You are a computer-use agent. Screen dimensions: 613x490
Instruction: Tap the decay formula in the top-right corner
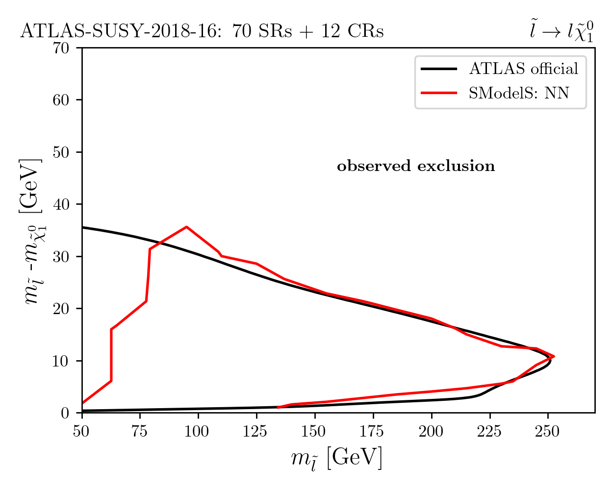pos(562,32)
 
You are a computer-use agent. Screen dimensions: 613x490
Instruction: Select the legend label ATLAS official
pos(524,69)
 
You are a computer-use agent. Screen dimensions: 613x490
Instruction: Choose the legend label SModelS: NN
pos(519,93)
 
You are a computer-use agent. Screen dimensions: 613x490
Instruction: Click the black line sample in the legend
pos(439,69)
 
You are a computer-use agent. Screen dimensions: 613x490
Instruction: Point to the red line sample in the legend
pos(439,93)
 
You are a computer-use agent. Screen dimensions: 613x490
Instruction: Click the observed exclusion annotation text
pos(416,166)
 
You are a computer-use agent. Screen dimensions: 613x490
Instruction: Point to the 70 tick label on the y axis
pos(61,48)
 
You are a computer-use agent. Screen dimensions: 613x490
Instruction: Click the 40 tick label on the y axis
pos(61,204)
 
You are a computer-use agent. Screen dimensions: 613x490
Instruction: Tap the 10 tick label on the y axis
pos(61,361)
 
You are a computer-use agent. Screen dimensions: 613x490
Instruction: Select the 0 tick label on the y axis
pos(65,413)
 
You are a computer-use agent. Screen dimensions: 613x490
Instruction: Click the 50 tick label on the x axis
pos(81,431)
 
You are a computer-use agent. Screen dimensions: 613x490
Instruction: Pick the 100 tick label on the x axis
pos(197,431)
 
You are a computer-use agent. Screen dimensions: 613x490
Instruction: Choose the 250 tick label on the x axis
pos(547,431)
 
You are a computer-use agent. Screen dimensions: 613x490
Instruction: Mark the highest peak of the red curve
pos(186,227)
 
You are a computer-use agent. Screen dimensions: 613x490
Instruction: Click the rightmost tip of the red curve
pos(554,356)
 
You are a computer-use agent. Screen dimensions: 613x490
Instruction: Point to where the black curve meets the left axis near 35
pos(82,227)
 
